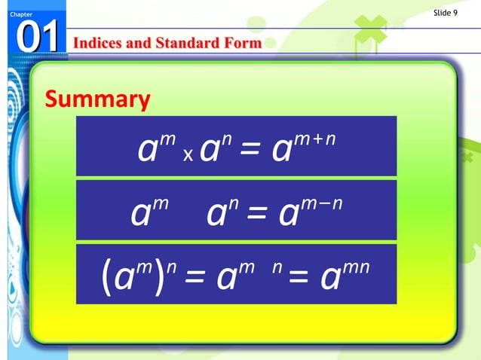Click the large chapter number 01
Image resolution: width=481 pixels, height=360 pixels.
click(35, 38)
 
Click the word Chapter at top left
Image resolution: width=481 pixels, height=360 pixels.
click(13, 14)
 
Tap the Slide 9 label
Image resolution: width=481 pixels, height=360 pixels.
click(446, 12)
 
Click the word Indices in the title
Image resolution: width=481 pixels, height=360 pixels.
click(95, 43)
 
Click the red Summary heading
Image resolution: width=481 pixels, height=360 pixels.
click(97, 99)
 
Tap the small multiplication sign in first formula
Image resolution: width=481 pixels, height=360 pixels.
click(188, 154)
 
